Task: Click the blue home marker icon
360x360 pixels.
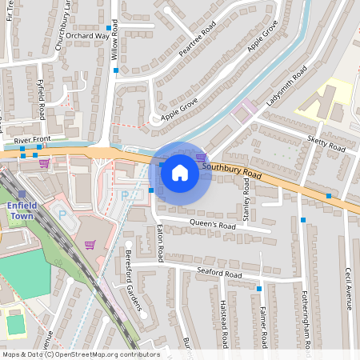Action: [180, 171]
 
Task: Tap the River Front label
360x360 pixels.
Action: [33, 141]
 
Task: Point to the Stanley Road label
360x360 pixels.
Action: [247, 202]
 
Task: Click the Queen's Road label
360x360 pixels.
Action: [213, 224]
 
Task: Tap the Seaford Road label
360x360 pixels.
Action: [219, 274]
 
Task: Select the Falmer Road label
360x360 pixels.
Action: [263, 325]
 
